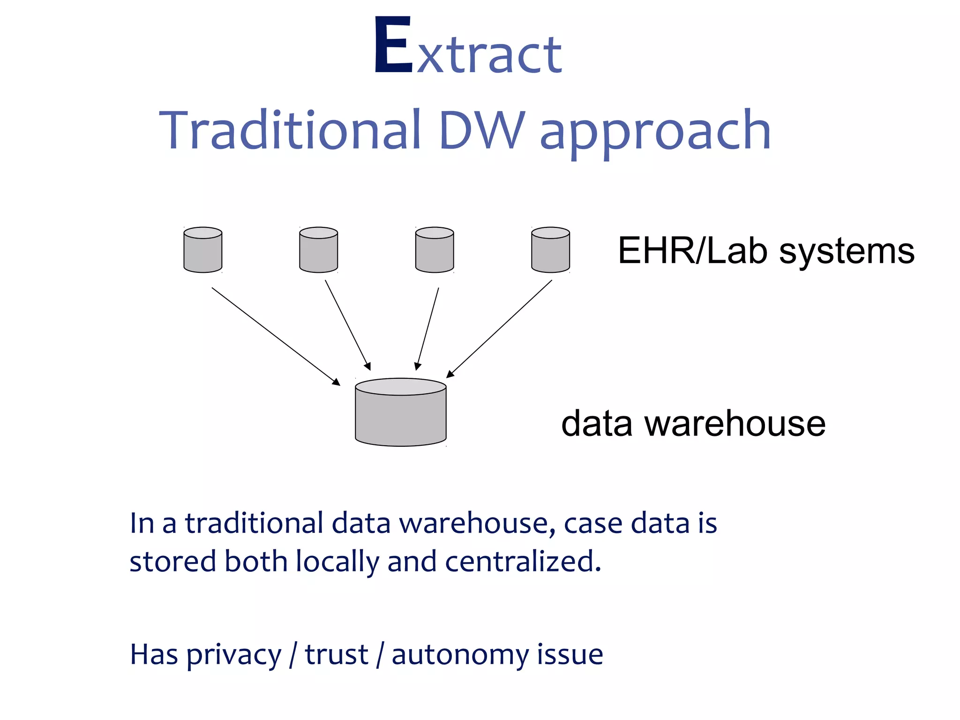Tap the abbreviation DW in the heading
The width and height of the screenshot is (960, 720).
click(482, 130)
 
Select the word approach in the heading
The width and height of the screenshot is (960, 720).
click(655, 134)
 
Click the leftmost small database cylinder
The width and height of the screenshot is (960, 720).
click(202, 250)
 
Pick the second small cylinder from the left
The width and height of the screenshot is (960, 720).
click(318, 250)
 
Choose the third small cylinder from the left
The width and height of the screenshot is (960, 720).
click(435, 250)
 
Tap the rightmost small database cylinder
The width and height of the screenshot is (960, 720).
click(550, 250)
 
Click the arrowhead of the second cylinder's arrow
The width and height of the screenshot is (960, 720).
click(368, 366)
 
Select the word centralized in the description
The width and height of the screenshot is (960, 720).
click(522, 562)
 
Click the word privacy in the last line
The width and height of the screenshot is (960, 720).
click(234, 655)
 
